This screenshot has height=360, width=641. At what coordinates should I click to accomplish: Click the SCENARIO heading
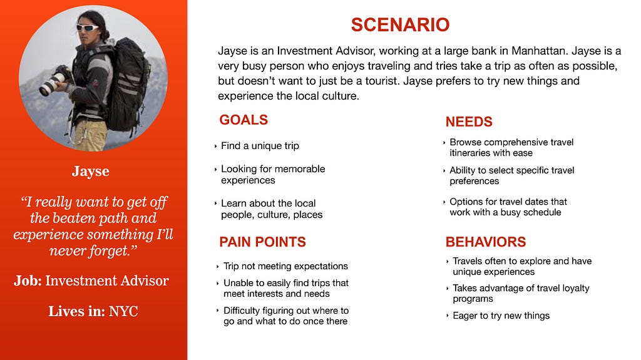coord(400,24)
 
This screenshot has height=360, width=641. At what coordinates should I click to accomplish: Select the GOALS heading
coord(244,120)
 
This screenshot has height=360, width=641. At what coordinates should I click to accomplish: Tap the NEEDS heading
coord(469,121)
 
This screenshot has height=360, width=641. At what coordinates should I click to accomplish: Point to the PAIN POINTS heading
coord(262,242)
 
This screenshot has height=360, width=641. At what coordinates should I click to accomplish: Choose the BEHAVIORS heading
coord(486,242)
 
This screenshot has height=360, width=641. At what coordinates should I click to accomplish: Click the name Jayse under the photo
coord(91,171)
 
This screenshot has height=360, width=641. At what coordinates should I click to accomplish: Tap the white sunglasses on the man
coord(88,28)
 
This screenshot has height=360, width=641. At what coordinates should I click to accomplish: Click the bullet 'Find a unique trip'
coord(260,146)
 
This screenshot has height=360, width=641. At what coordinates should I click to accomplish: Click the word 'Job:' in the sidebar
coord(28,280)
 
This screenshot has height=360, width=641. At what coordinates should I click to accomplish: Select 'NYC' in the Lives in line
coord(123,311)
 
